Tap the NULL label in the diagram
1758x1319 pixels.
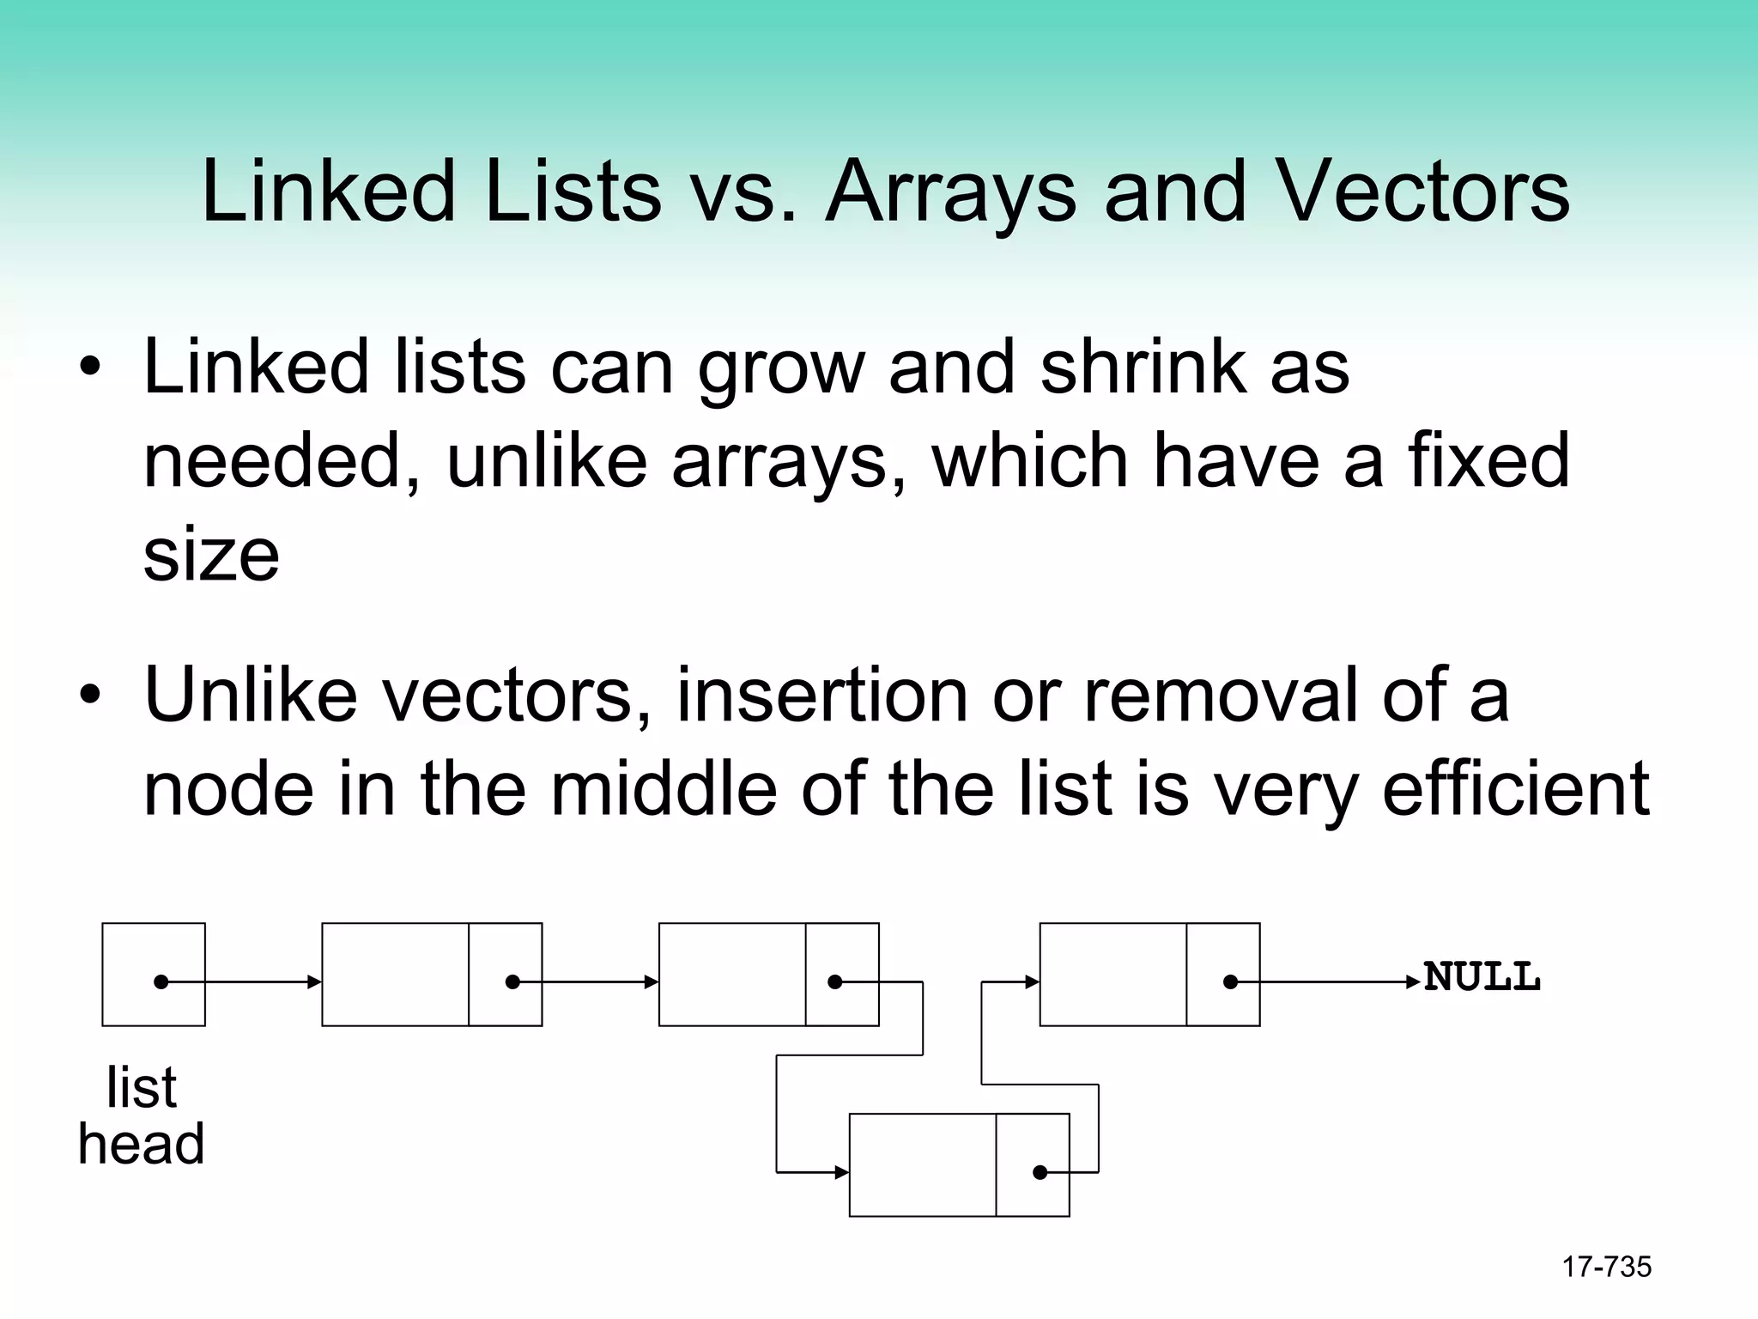1482,977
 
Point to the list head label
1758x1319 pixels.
142,1115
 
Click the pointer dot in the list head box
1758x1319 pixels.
161,982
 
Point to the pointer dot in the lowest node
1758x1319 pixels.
1040,1172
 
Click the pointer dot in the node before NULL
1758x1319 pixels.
1230,982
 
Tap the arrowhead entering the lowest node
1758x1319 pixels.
842,1172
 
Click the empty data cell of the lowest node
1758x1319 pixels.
923,1165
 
